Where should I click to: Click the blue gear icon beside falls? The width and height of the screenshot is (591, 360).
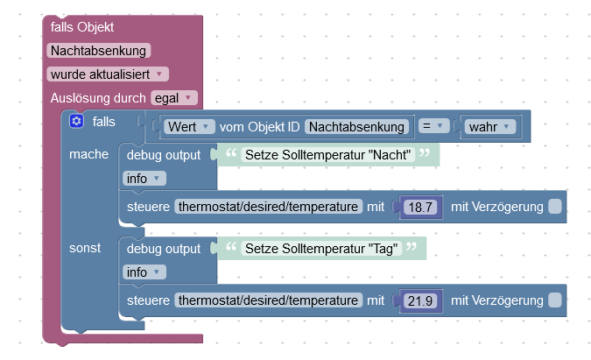click(x=76, y=121)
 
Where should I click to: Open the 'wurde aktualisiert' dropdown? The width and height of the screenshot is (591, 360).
click(x=108, y=74)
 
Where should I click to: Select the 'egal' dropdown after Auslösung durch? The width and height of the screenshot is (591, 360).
click(x=174, y=97)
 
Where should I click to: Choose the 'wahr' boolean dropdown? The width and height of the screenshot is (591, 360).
click(x=491, y=127)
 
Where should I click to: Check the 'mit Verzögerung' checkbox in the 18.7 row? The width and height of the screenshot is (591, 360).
click(x=555, y=207)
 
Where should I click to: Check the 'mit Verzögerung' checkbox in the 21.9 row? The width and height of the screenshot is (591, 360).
click(x=555, y=300)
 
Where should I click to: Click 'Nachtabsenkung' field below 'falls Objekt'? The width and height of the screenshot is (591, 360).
click(x=100, y=51)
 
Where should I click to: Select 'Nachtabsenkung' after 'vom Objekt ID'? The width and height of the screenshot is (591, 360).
click(x=358, y=127)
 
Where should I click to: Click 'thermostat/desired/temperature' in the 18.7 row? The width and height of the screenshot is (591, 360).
click(x=269, y=207)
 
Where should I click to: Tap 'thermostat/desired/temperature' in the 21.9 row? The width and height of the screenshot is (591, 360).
click(x=269, y=300)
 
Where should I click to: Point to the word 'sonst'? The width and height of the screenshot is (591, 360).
click(x=86, y=248)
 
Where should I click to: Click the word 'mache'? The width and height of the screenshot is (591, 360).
click(x=88, y=154)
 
